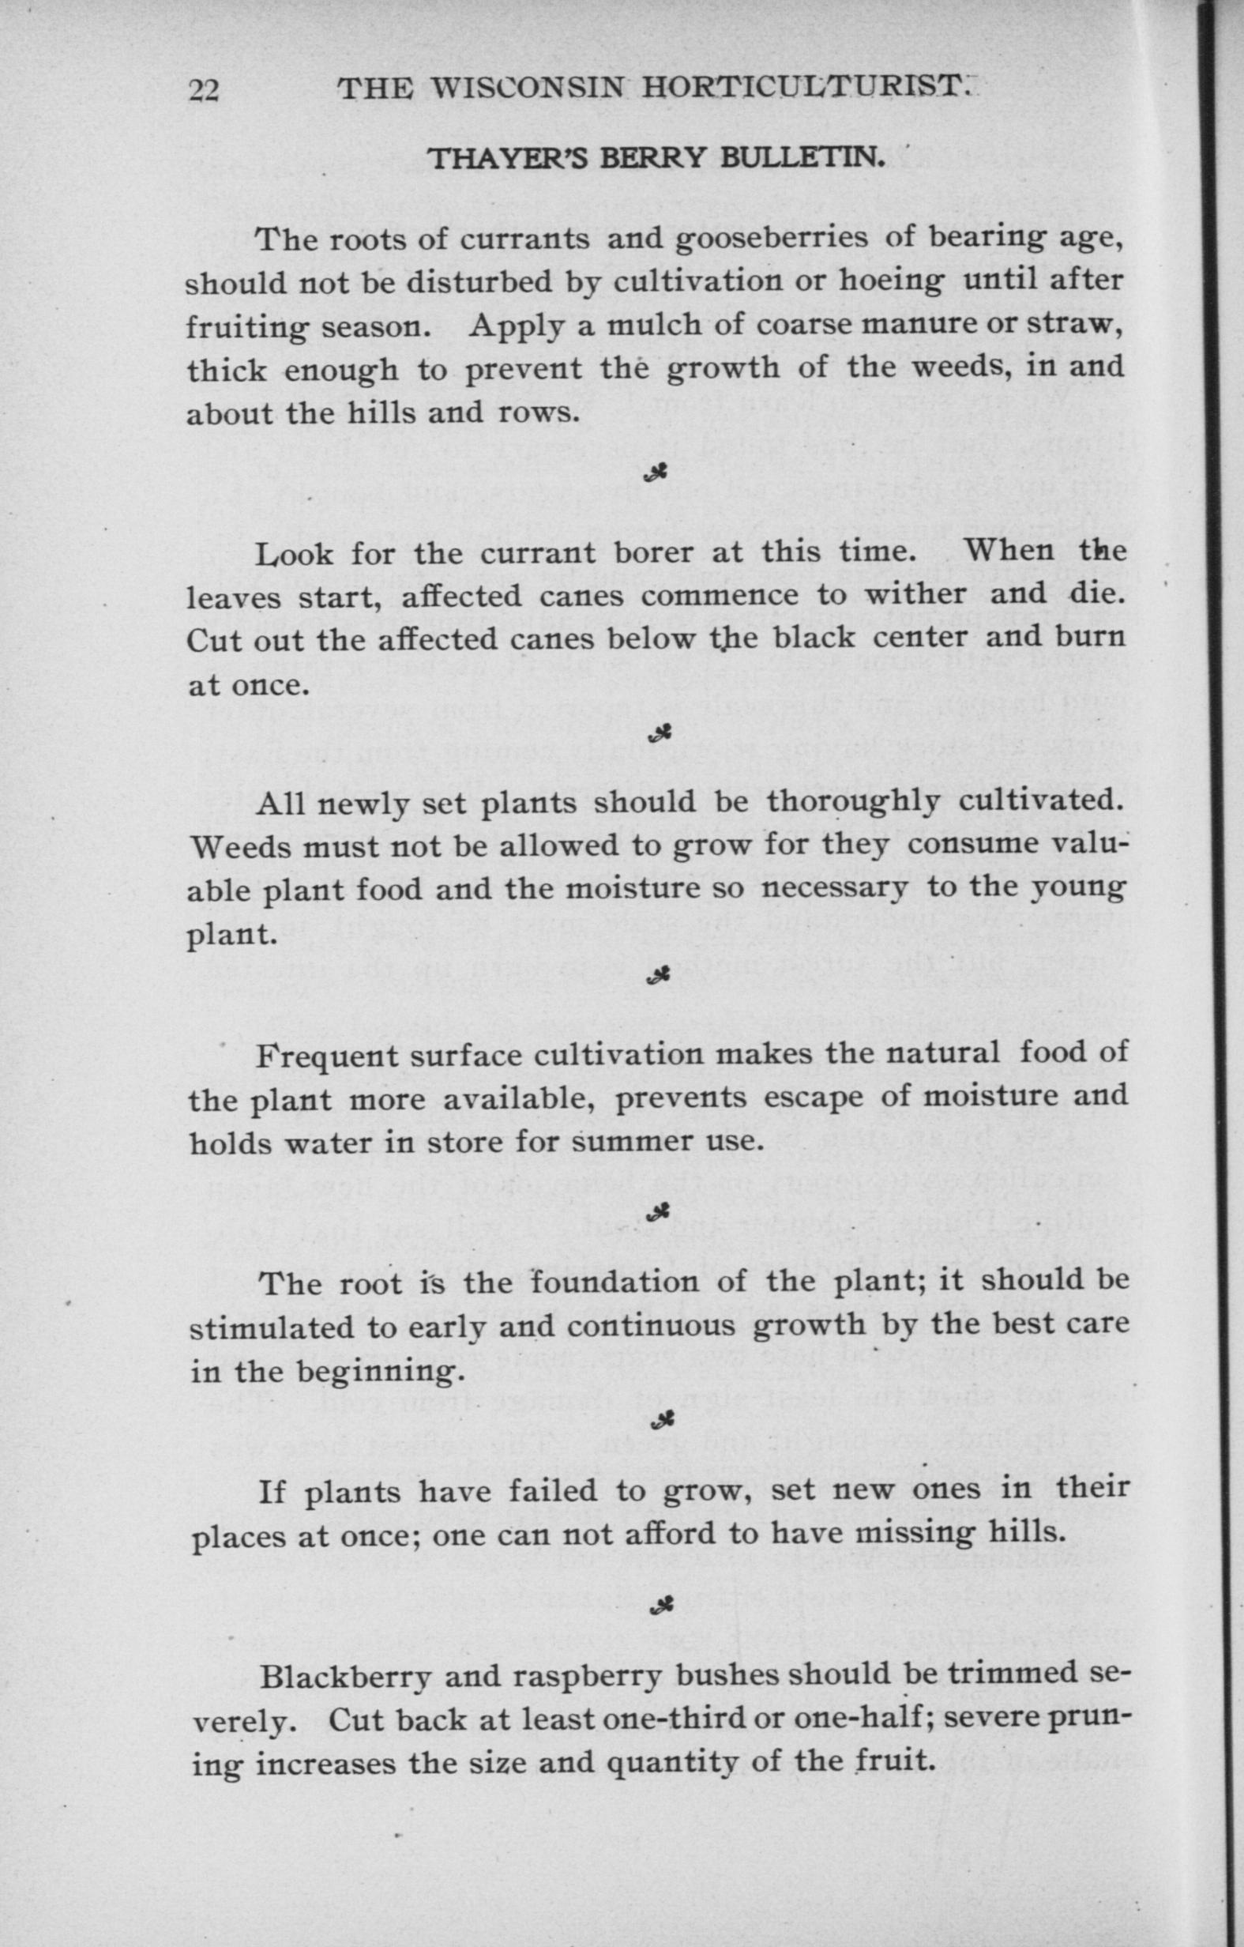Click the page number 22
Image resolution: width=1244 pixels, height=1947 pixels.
tap(203, 91)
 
